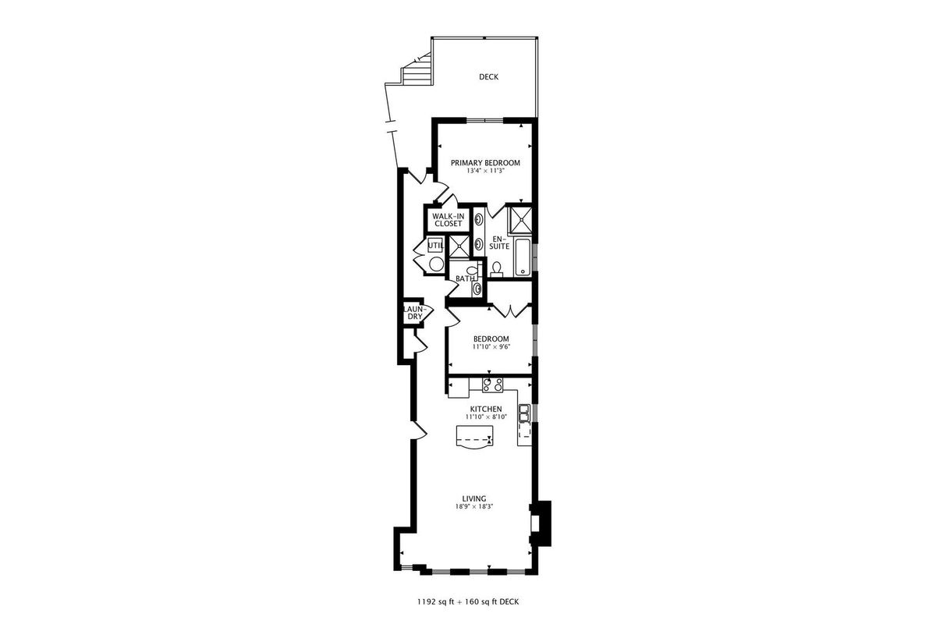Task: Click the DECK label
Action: pyautogui.click(x=488, y=77)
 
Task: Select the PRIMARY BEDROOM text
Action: pyautogui.click(x=485, y=163)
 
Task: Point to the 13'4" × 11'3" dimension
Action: pyautogui.click(x=485, y=171)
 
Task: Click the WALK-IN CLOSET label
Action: pyautogui.click(x=448, y=220)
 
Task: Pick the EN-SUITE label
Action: pyautogui.click(x=499, y=243)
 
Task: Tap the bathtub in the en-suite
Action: pyautogui.click(x=523, y=257)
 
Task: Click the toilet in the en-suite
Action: pyautogui.click(x=496, y=270)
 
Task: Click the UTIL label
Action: pyautogui.click(x=435, y=246)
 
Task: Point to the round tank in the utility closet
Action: pyautogui.click(x=436, y=264)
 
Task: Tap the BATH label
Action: pyautogui.click(x=465, y=278)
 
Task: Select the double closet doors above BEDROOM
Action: pyautogui.click(x=512, y=311)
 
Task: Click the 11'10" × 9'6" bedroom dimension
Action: pyautogui.click(x=491, y=347)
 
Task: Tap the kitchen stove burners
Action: pyautogui.click(x=493, y=385)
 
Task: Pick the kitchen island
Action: pyautogui.click(x=475, y=437)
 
